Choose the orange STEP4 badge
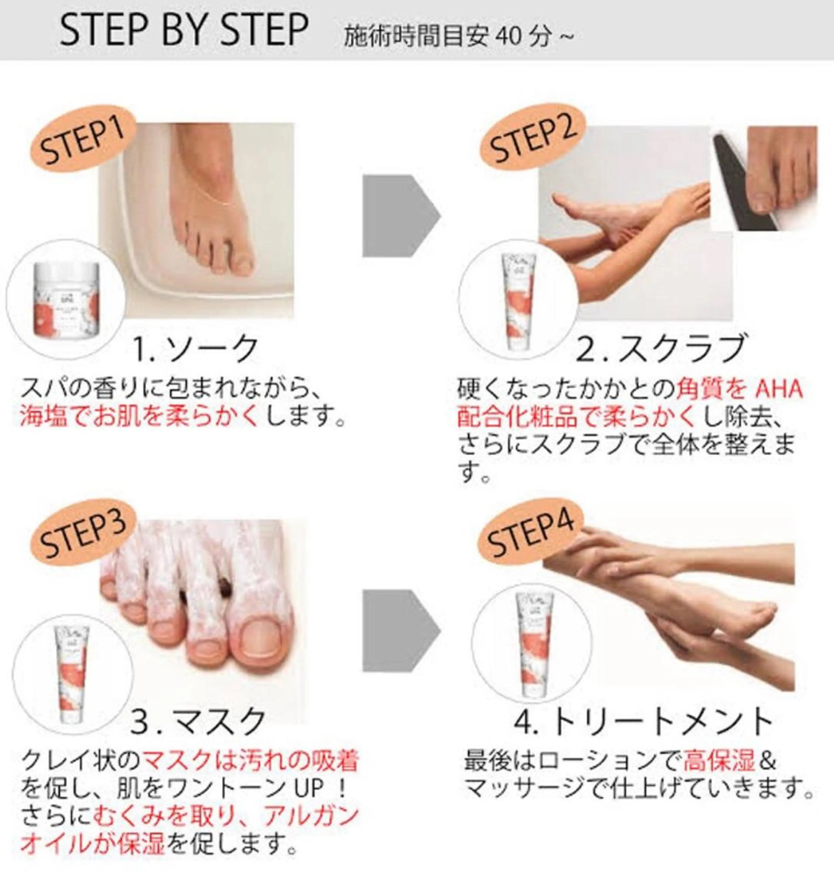[530, 537]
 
